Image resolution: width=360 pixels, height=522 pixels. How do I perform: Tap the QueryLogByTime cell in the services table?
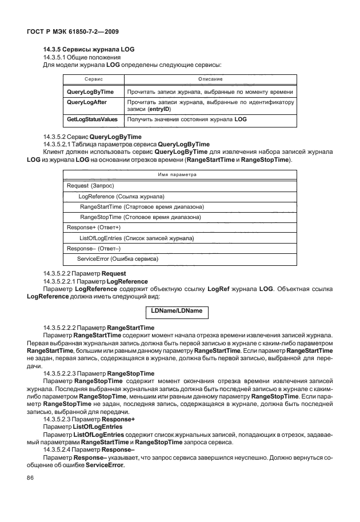pyautogui.click(x=90, y=91)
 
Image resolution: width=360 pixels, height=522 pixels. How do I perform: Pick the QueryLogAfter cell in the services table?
pyautogui.click(x=87, y=102)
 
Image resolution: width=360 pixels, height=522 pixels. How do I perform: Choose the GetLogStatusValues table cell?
pyautogui.click(x=92, y=119)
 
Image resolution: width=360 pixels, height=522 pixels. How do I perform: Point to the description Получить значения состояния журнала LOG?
pyautogui.click(x=187, y=119)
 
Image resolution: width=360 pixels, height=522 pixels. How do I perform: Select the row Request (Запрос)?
pyautogui.click(x=91, y=186)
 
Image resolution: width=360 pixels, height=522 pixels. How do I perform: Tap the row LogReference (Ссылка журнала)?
pyautogui.click(x=117, y=197)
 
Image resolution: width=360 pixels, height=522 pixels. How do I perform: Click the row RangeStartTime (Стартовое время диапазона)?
pyautogui.click(x=142, y=207)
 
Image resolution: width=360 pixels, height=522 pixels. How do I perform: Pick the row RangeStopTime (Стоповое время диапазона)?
pyautogui.click(x=140, y=217)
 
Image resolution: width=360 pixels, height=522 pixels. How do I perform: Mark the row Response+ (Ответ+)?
pyautogui.click(x=91, y=228)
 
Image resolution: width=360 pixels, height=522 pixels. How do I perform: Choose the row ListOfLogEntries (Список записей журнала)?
pyautogui.click(x=137, y=238)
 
